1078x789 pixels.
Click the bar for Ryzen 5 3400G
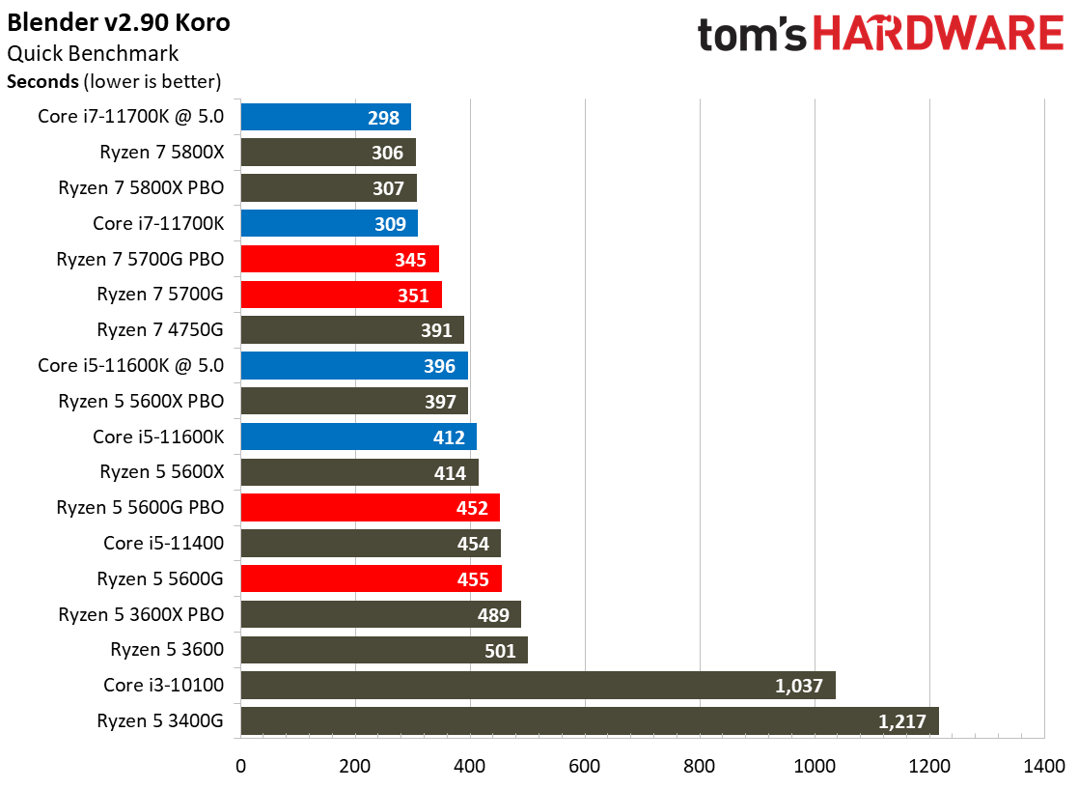pos(589,720)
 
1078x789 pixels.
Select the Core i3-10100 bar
pos(538,686)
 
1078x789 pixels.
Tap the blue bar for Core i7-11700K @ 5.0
pos(325,117)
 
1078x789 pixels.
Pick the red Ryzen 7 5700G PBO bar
pos(340,259)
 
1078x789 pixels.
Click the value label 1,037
pos(798,686)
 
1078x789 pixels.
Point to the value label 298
pos(383,118)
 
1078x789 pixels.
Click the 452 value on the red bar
pos(473,508)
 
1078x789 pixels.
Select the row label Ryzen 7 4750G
pos(160,329)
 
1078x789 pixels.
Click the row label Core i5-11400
pos(164,543)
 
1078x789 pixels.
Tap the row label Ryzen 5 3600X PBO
pos(141,614)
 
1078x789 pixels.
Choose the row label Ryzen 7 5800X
pos(161,152)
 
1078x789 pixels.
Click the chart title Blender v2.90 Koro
pos(119,23)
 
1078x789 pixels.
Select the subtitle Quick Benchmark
pos(93,54)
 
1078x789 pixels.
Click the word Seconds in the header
pos(42,81)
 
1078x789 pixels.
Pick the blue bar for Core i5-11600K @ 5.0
pos(354,365)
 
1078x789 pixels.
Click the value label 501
pos(500,650)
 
